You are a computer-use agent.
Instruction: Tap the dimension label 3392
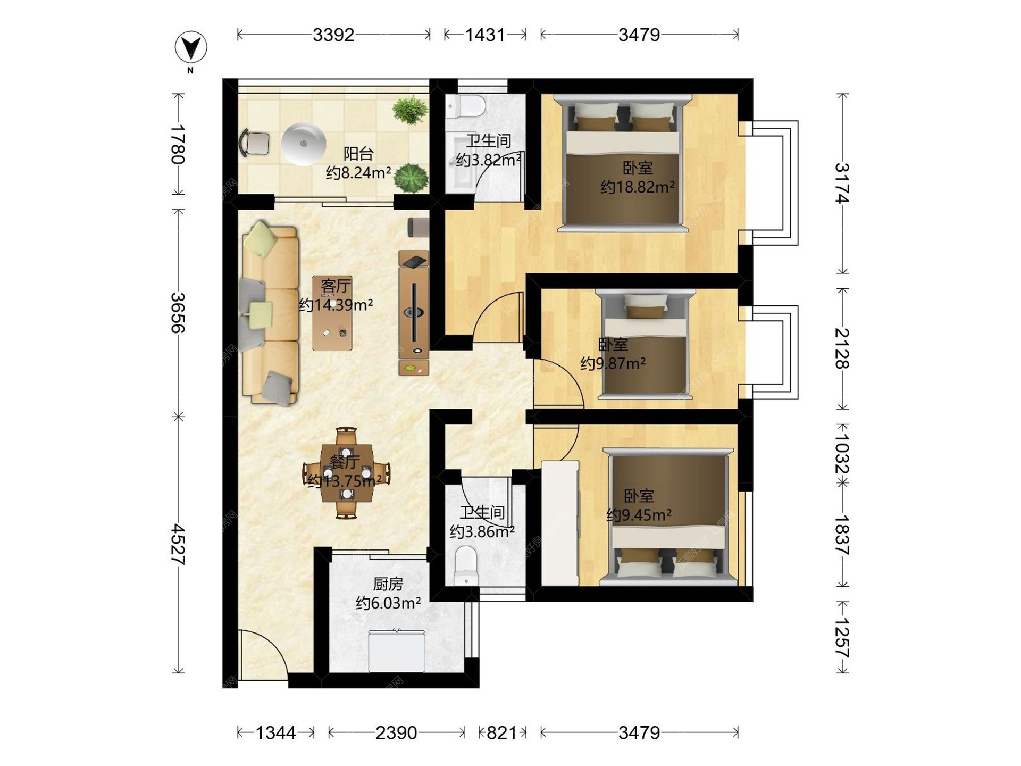click(333, 35)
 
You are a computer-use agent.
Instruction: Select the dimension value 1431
click(485, 35)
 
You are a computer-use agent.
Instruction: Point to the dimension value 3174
click(842, 183)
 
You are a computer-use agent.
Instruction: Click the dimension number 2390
click(396, 733)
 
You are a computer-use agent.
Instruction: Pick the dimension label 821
click(501, 733)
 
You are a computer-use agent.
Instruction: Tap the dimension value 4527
click(178, 545)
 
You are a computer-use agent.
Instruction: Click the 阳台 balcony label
click(358, 154)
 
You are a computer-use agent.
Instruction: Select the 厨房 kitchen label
click(388, 584)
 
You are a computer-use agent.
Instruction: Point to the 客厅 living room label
click(336, 286)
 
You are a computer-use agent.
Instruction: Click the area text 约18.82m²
click(638, 187)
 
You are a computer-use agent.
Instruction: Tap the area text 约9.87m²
click(613, 364)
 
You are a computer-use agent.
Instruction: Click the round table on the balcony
click(303, 144)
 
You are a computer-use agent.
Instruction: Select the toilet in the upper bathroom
click(465, 106)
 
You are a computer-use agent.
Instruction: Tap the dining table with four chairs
click(346, 473)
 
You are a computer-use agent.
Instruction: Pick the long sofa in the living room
click(270, 313)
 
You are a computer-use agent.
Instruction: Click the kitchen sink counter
click(397, 651)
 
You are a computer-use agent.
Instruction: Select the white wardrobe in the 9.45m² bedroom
click(560, 523)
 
